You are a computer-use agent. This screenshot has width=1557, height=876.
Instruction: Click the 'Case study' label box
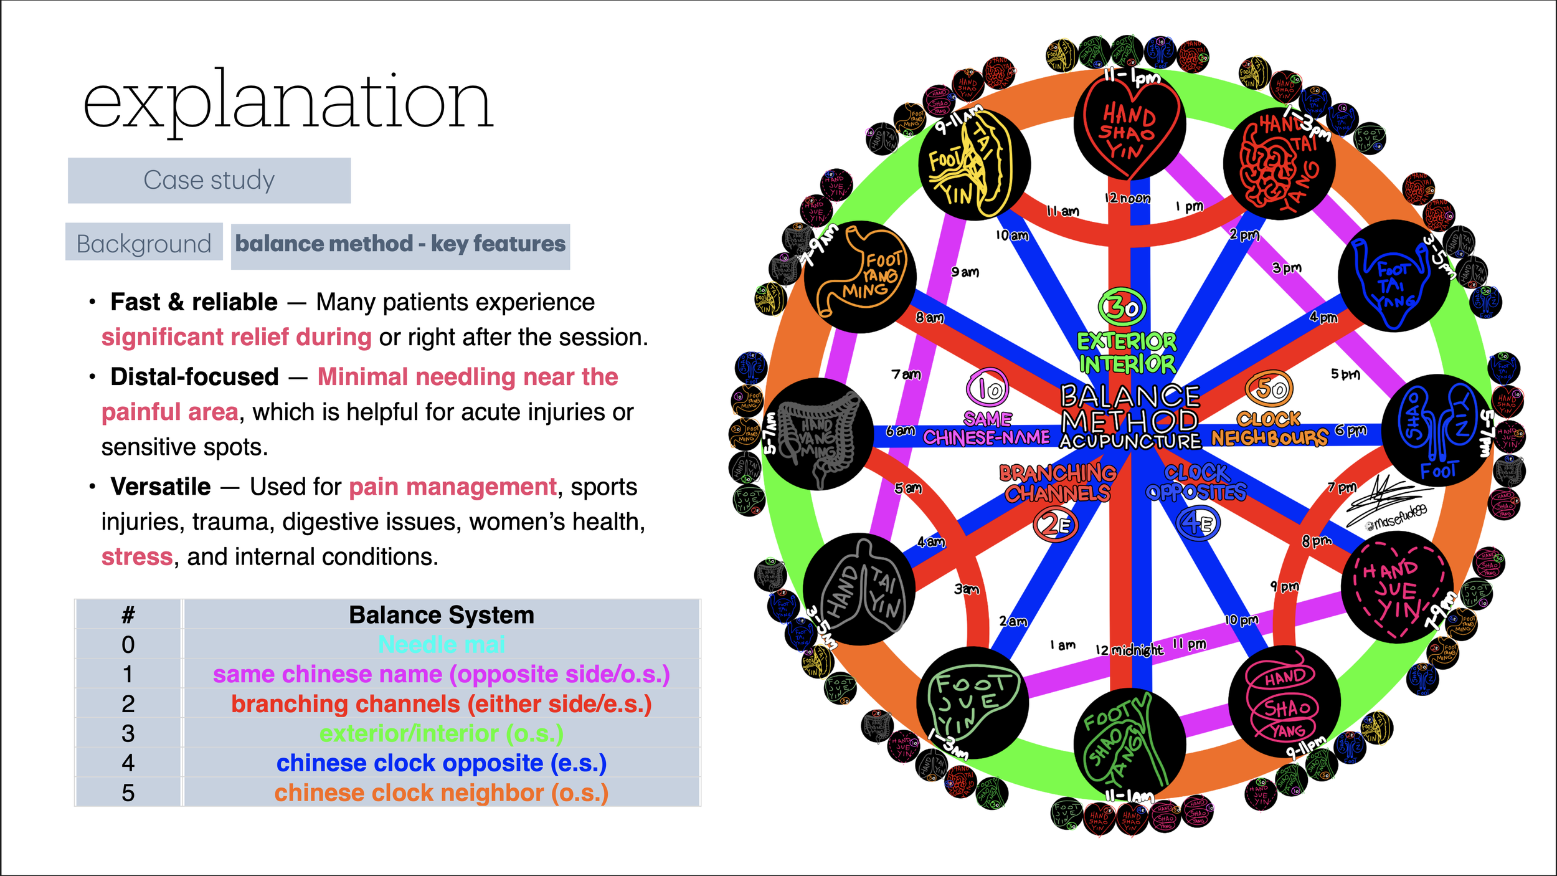coord(209,180)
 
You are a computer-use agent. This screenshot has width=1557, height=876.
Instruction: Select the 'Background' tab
coord(144,244)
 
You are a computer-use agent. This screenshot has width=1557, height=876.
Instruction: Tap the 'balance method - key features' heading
coord(400,244)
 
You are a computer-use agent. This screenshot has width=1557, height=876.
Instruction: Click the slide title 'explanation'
coord(288,102)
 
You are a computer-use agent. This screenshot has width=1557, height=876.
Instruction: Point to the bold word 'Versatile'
coord(161,487)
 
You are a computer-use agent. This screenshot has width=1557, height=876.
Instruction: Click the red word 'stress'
coord(137,556)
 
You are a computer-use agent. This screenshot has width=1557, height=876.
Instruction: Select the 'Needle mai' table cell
coord(442,644)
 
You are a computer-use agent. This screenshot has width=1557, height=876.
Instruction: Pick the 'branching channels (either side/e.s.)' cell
coord(442,704)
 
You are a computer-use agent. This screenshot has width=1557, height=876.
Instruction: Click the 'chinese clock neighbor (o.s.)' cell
coord(442,793)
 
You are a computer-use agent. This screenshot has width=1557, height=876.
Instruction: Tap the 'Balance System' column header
coord(442,615)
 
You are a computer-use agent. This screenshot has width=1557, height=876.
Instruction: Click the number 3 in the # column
coord(128,733)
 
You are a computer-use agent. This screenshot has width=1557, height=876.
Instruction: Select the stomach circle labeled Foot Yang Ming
coord(860,277)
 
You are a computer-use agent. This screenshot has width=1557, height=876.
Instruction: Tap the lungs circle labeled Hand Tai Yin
coord(859,589)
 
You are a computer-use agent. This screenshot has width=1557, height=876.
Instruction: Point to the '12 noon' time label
coord(1127,198)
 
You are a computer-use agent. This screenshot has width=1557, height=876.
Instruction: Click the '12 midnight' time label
coord(1129,650)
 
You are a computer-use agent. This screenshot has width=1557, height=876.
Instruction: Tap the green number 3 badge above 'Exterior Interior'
coord(1122,307)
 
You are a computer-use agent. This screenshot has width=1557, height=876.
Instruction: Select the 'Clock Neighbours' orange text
coord(1269,429)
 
